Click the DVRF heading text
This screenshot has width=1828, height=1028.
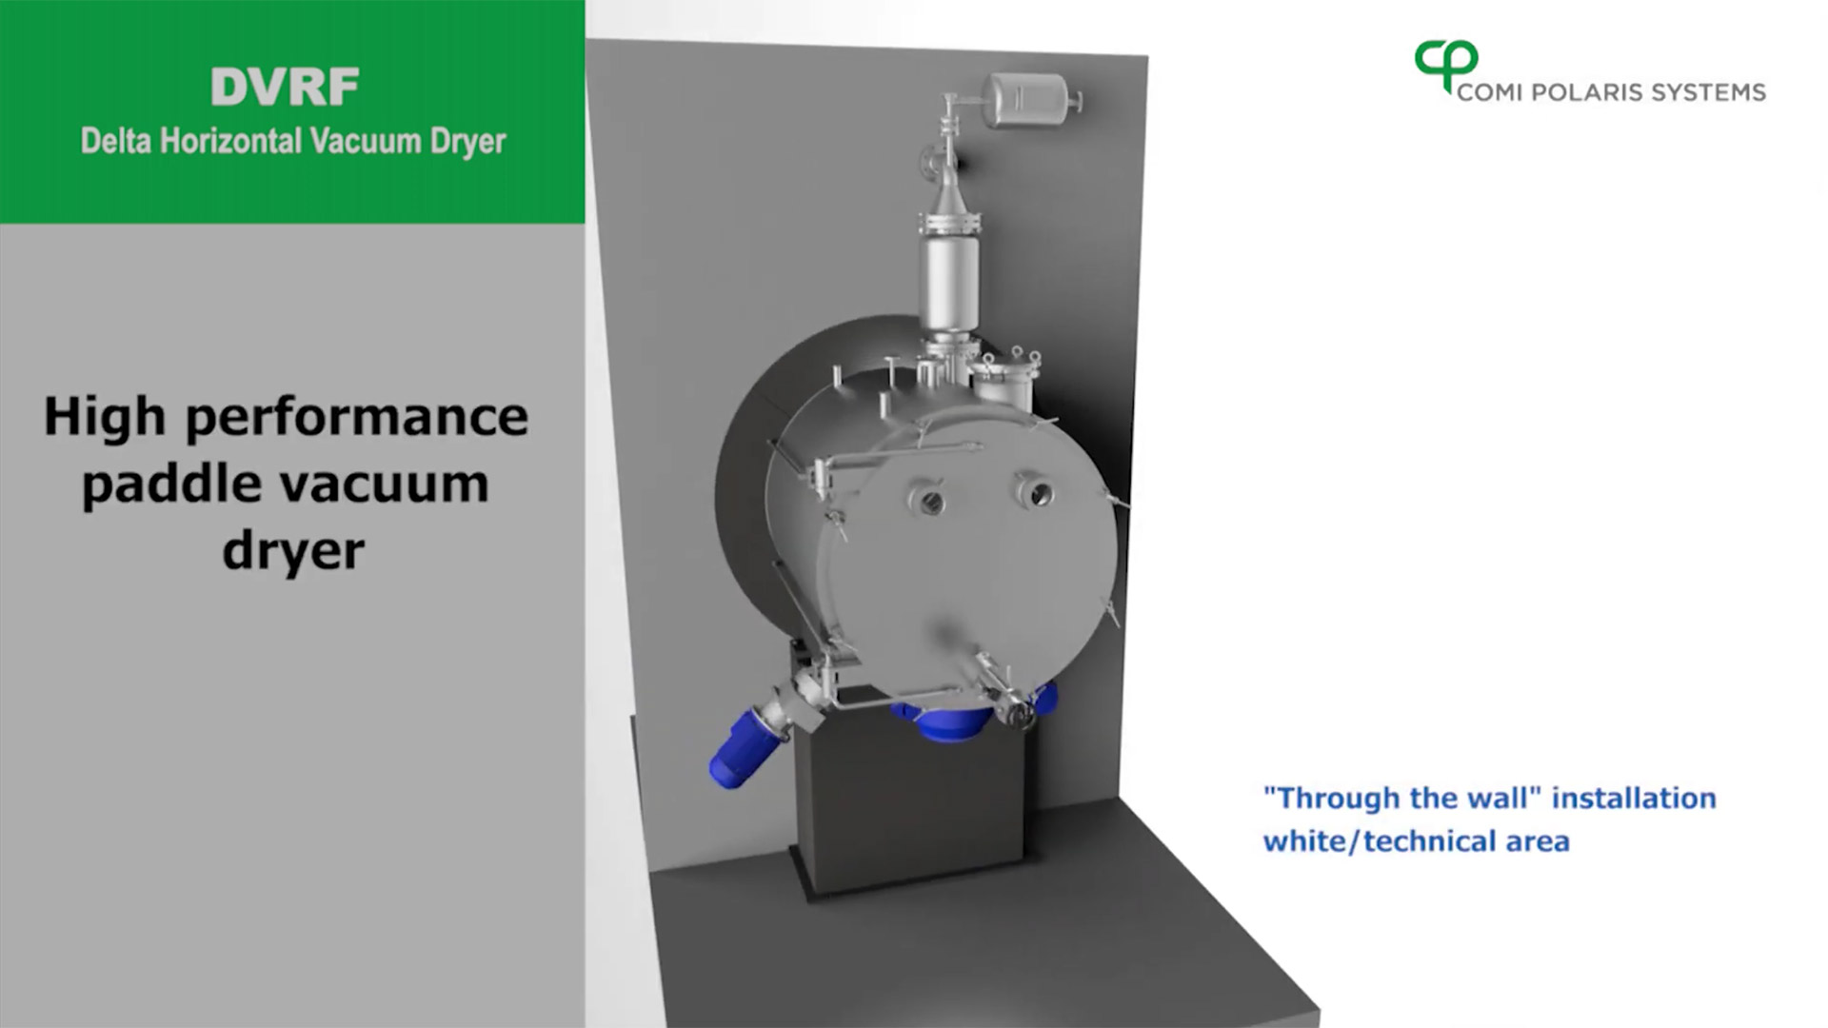285,88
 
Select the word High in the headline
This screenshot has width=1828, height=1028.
105,418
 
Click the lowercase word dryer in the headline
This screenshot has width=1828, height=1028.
293,550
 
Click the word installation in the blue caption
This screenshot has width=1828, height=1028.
1634,798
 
